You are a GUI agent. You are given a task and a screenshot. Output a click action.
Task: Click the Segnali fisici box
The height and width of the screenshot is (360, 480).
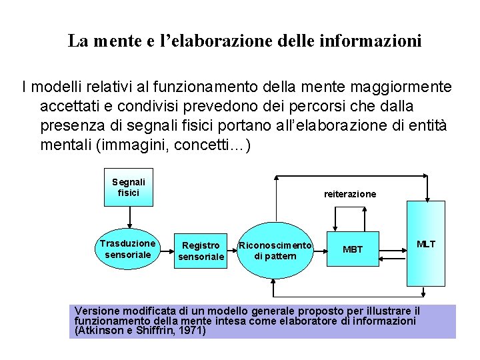(x=129, y=187)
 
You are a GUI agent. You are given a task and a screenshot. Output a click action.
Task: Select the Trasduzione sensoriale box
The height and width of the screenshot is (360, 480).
(x=128, y=249)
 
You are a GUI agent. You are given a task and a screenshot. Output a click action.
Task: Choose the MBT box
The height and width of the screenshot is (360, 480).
(x=353, y=249)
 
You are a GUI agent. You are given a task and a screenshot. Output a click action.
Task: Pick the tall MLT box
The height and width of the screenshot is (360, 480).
(x=426, y=243)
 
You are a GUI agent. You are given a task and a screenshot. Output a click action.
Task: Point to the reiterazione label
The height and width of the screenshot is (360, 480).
(x=350, y=194)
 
